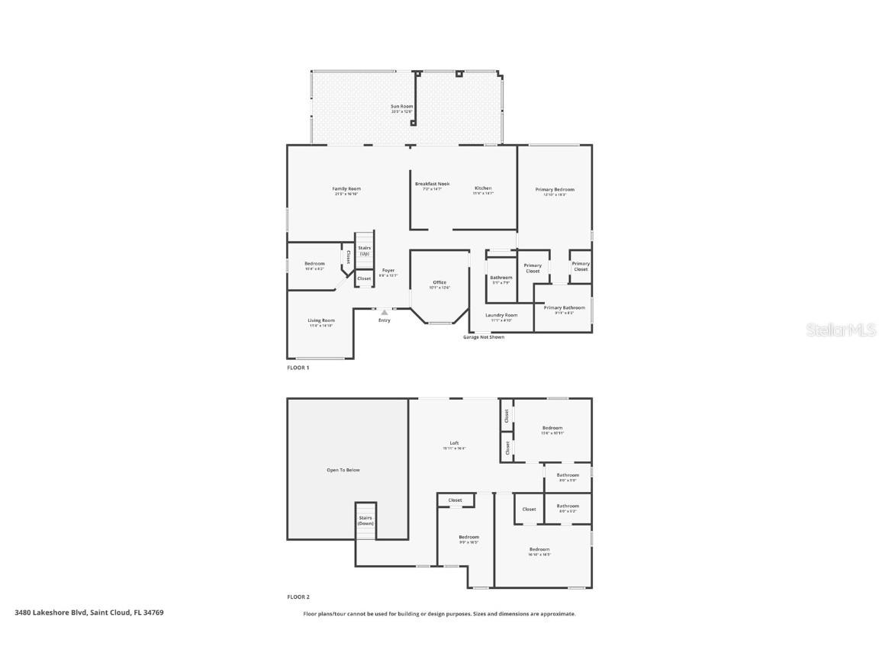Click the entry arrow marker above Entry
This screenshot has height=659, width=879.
(385, 312)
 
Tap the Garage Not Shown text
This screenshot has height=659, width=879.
(484, 337)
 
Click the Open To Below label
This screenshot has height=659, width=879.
(343, 470)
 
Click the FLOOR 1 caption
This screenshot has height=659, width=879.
(298, 368)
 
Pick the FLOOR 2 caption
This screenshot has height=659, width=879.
(298, 597)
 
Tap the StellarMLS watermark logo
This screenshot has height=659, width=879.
(842, 329)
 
